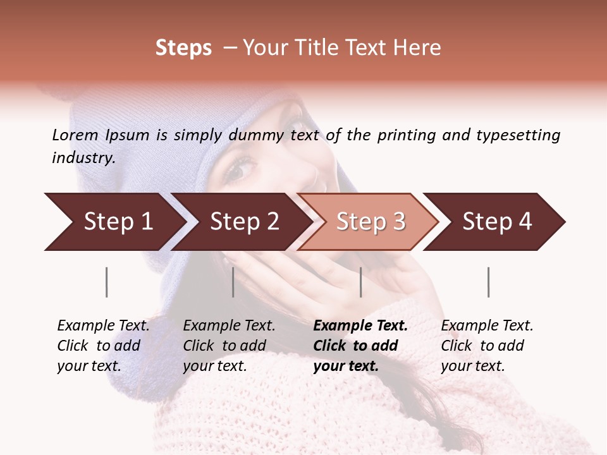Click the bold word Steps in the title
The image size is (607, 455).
(183, 48)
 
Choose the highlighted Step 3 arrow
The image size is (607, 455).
(367, 222)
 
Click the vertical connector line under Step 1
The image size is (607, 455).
(107, 282)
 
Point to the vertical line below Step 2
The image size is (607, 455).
(233, 282)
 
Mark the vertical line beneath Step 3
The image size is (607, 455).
(360, 282)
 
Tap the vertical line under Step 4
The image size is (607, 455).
(488, 282)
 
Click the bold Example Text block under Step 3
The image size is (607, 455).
(360, 346)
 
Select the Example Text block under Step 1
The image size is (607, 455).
(103, 346)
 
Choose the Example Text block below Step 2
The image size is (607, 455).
(229, 346)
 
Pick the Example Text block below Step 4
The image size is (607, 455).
(487, 346)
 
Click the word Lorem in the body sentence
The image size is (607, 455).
(75, 135)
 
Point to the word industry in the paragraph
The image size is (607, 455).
(83, 158)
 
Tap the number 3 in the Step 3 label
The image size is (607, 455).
(399, 222)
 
